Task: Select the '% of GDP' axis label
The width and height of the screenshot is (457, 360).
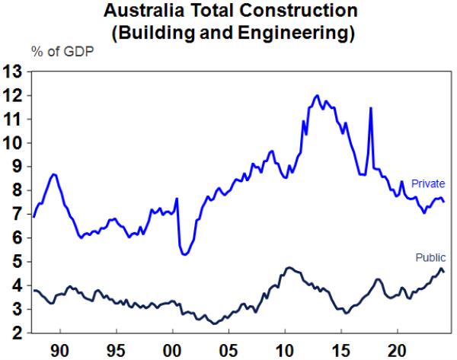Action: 58,52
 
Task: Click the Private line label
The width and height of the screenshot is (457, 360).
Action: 427,183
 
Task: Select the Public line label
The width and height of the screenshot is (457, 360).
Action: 430,257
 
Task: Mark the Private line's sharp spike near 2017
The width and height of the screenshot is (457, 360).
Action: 371,108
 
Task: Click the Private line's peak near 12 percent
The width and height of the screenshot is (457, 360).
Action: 316,95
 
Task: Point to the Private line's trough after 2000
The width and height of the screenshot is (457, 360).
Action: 185,254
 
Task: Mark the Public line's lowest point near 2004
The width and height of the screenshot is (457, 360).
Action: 215,323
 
